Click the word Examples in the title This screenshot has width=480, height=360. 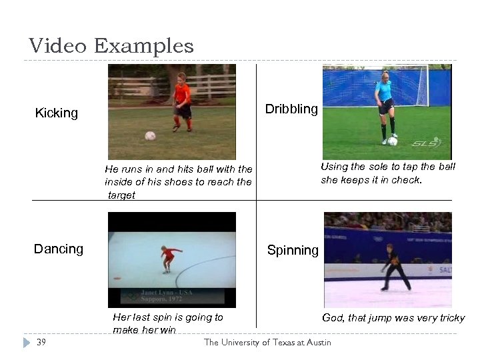[144, 47]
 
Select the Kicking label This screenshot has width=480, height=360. [57, 113]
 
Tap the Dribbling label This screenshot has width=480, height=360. [291, 109]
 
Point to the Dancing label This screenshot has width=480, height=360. [59, 249]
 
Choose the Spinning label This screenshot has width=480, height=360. [293, 250]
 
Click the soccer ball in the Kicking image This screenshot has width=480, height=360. [150, 136]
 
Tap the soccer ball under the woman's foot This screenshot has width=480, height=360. [393, 141]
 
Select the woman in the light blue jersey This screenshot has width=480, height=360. [385, 103]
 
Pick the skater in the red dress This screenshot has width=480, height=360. [169, 258]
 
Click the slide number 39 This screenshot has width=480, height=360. [41, 342]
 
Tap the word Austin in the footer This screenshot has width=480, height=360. [315, 342]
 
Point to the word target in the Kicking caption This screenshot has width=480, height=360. [121, 195]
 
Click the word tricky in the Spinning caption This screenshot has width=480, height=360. [449, 318]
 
